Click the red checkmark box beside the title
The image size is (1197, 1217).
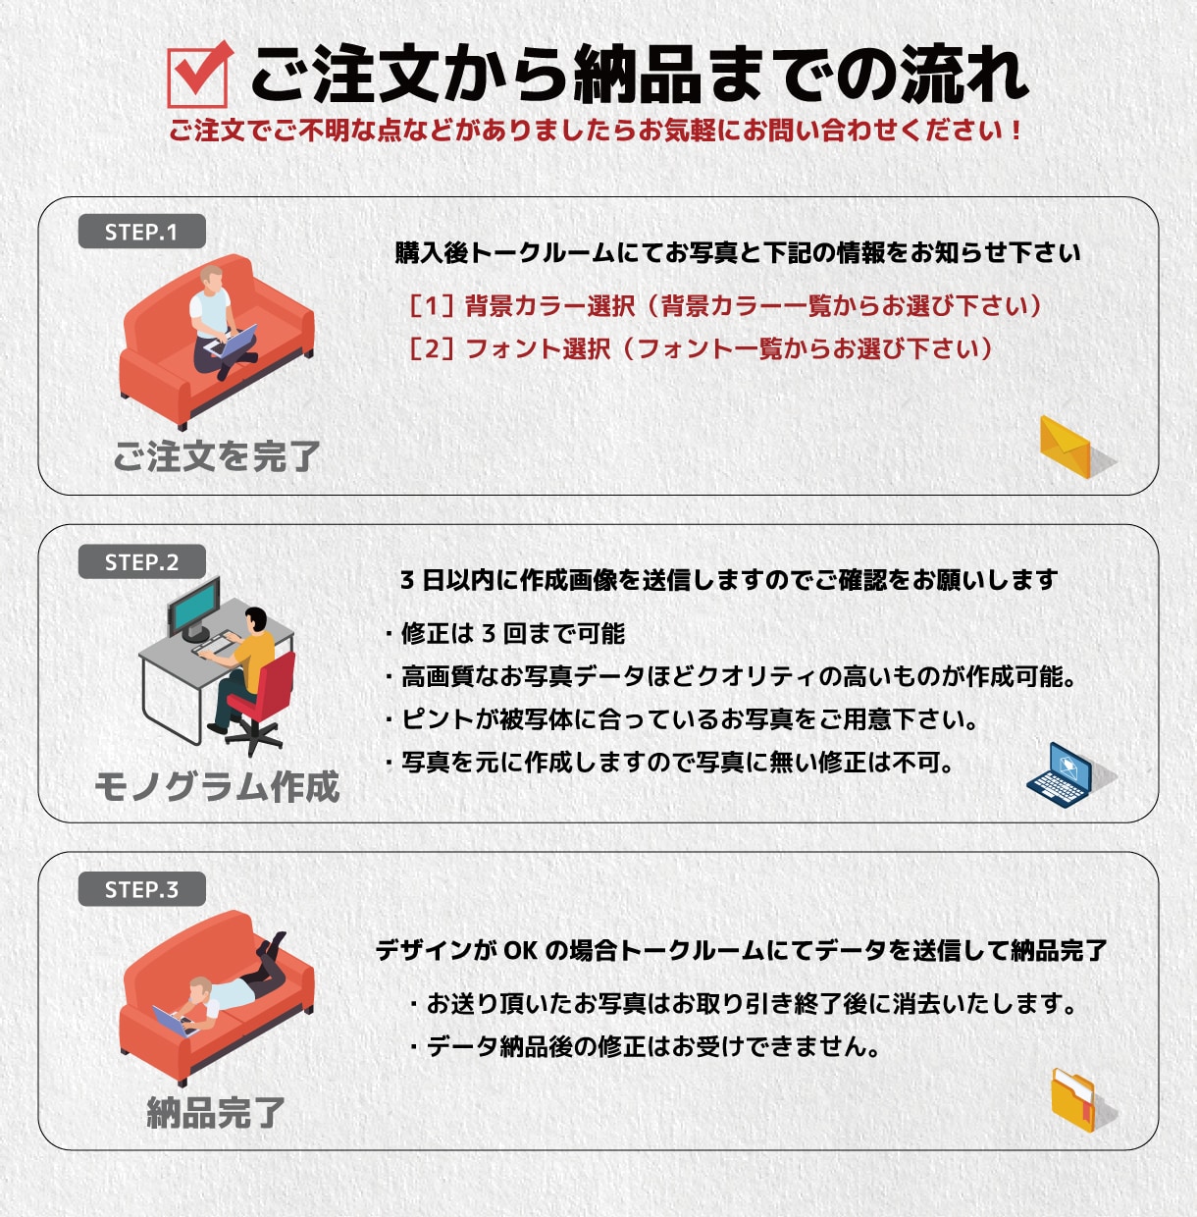[x=198, y=76]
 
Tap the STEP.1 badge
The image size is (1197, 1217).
[x=141, y=232]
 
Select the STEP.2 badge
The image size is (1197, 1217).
[x=141, y=561]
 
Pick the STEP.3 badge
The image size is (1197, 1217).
[x=141, y=888]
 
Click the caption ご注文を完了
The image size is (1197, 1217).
[x=217, y=456]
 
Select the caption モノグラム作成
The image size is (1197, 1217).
[x=217, y=787]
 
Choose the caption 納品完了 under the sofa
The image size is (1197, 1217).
[x=217, y=1113]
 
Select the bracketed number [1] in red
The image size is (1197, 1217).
[x=432, y=305]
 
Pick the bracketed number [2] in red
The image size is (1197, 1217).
[x=432, y=348]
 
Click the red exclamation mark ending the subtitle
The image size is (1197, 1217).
[x=1015, y=131]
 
